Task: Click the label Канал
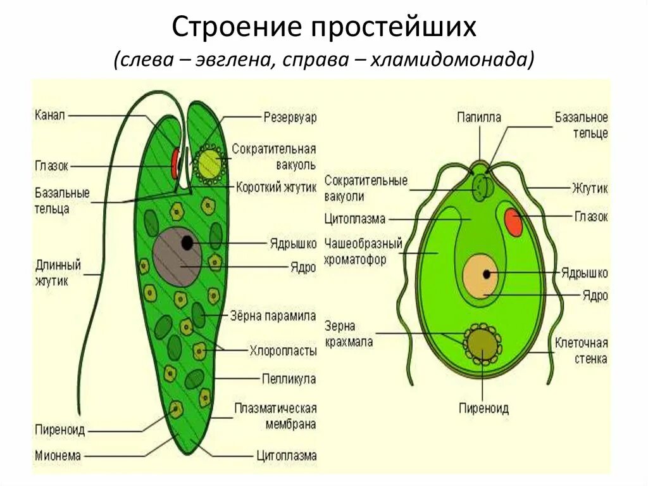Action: coord(49,115)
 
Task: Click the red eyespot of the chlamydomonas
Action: coord(513,221)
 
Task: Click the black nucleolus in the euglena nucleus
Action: coord(187,242)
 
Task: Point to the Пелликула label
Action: coord(289,379)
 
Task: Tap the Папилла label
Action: coord(479,117)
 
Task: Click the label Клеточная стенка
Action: coord(581,351)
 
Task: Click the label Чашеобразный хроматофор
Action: coord(363,251)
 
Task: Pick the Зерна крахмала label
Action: coord(349,334)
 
